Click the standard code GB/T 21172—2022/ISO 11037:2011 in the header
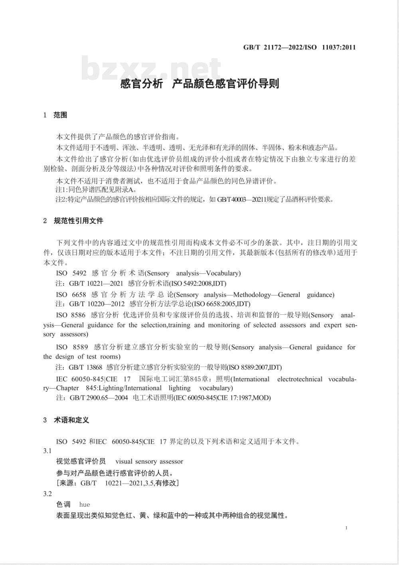click(299, 47)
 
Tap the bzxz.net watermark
click(151, 69)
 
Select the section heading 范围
click(60, 115)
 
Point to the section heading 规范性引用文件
click(78, 220)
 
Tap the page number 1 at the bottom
click(346, 528)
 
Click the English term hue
click(85, 504)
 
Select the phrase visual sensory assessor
click(149, 461)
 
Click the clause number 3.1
click(47, 451)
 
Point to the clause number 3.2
click(47, 494)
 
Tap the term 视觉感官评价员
click(81, 461)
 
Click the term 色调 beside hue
click(63, 504)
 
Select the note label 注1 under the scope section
click(61, 190)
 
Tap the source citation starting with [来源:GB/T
click(118, 483)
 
